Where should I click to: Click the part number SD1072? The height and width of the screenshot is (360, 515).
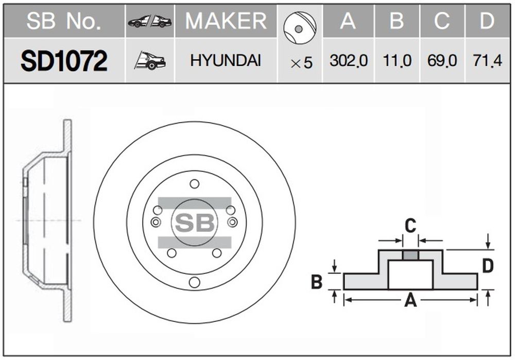[x=64, y=61]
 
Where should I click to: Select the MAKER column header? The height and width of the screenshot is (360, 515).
[x=226, y=21]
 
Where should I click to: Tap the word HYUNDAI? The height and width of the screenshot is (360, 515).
[x=226, y=61]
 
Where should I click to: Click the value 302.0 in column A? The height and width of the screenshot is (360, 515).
[x=349, y=61]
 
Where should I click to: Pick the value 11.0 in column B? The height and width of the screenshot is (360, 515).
[x=397, y=61]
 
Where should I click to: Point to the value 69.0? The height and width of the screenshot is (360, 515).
[x=442, y=61]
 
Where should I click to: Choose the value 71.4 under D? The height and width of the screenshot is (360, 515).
[x=487, y=61]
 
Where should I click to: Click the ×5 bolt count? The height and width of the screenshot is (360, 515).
[x=301, y=63]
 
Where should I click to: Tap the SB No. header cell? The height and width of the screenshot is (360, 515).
[x=63, y=21]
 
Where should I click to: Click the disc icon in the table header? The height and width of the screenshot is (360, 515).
[x=300, y=28]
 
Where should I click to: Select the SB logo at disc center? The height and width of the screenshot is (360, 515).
[x=195, y=222]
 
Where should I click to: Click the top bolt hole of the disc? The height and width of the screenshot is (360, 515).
[x=195, y=184]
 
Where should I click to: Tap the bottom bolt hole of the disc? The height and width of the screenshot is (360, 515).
[x=195, y=282]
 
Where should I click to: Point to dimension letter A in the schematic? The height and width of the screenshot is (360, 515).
[x=410, y=300]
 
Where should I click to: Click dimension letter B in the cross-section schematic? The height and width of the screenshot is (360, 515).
[x=317, y=282]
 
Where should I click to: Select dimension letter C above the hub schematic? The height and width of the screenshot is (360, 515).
[x=410, y=226]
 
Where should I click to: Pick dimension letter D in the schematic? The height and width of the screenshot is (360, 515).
[x=488, y=266]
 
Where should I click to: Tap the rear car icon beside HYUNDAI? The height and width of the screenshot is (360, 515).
[x=150, y=60]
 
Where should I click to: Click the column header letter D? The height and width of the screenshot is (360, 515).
[x=487, y=21]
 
